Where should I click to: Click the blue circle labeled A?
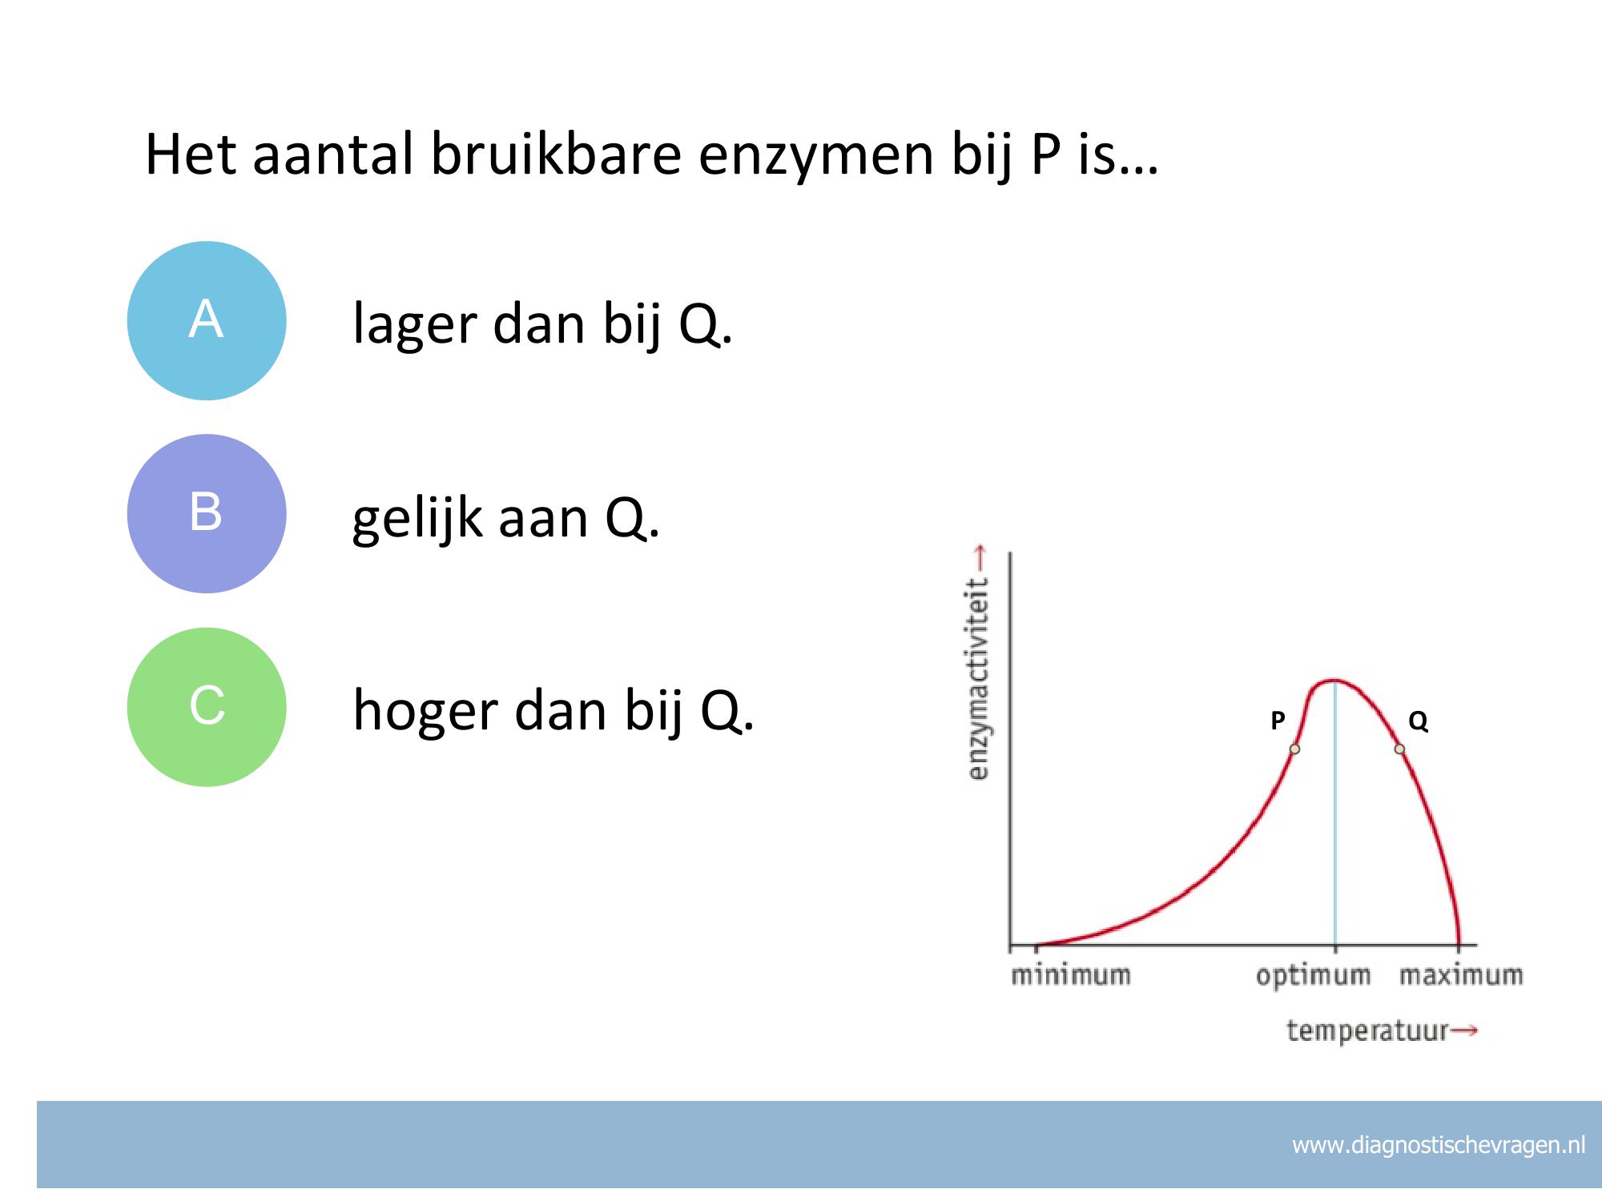pos(207,320)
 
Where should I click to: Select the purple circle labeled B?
pos(207,513)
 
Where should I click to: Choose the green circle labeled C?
pos(207,707)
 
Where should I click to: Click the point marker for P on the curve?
pos(1294,749)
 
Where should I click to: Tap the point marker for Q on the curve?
pos(1399,749)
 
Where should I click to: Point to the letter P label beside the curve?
pos(1278,721)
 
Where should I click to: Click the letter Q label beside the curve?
pos(1418,721)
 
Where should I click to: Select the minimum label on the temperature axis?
pos(1071,975)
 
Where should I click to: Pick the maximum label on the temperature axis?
pos(1461,975)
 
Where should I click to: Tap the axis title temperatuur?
pos(1367,1030)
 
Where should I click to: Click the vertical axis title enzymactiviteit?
pos(979,679)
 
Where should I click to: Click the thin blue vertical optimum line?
pos(1334,813)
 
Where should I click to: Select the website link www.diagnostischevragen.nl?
pos(1439,1146)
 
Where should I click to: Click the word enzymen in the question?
pos(816,157)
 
